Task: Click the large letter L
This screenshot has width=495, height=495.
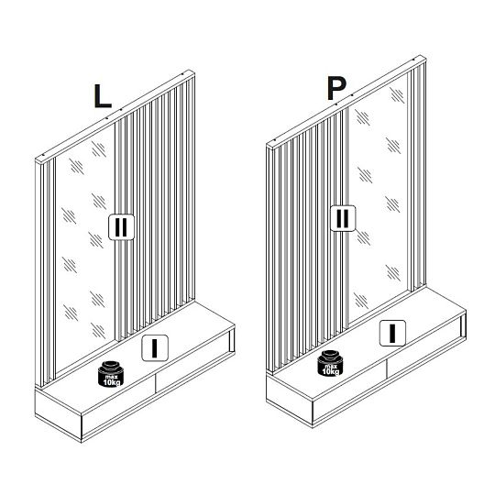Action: [103, 96]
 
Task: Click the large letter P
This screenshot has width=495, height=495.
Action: [336, 88]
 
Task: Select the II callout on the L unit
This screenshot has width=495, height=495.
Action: [121, 227]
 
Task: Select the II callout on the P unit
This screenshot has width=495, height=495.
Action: [343, 218]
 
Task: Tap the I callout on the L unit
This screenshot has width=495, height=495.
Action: [155, 348]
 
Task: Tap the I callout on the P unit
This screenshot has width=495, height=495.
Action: [392, 333]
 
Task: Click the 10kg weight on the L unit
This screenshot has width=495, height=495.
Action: [111, 373]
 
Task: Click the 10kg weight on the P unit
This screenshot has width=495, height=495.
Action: [330, 363]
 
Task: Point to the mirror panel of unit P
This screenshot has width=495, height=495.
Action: [378, 199]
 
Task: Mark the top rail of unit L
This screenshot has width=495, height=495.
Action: [115, 117]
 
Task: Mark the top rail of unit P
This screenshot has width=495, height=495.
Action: [346, 103]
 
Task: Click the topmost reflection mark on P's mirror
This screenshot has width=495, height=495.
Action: [397, 95]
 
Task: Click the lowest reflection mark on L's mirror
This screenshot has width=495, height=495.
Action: [98, 331]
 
